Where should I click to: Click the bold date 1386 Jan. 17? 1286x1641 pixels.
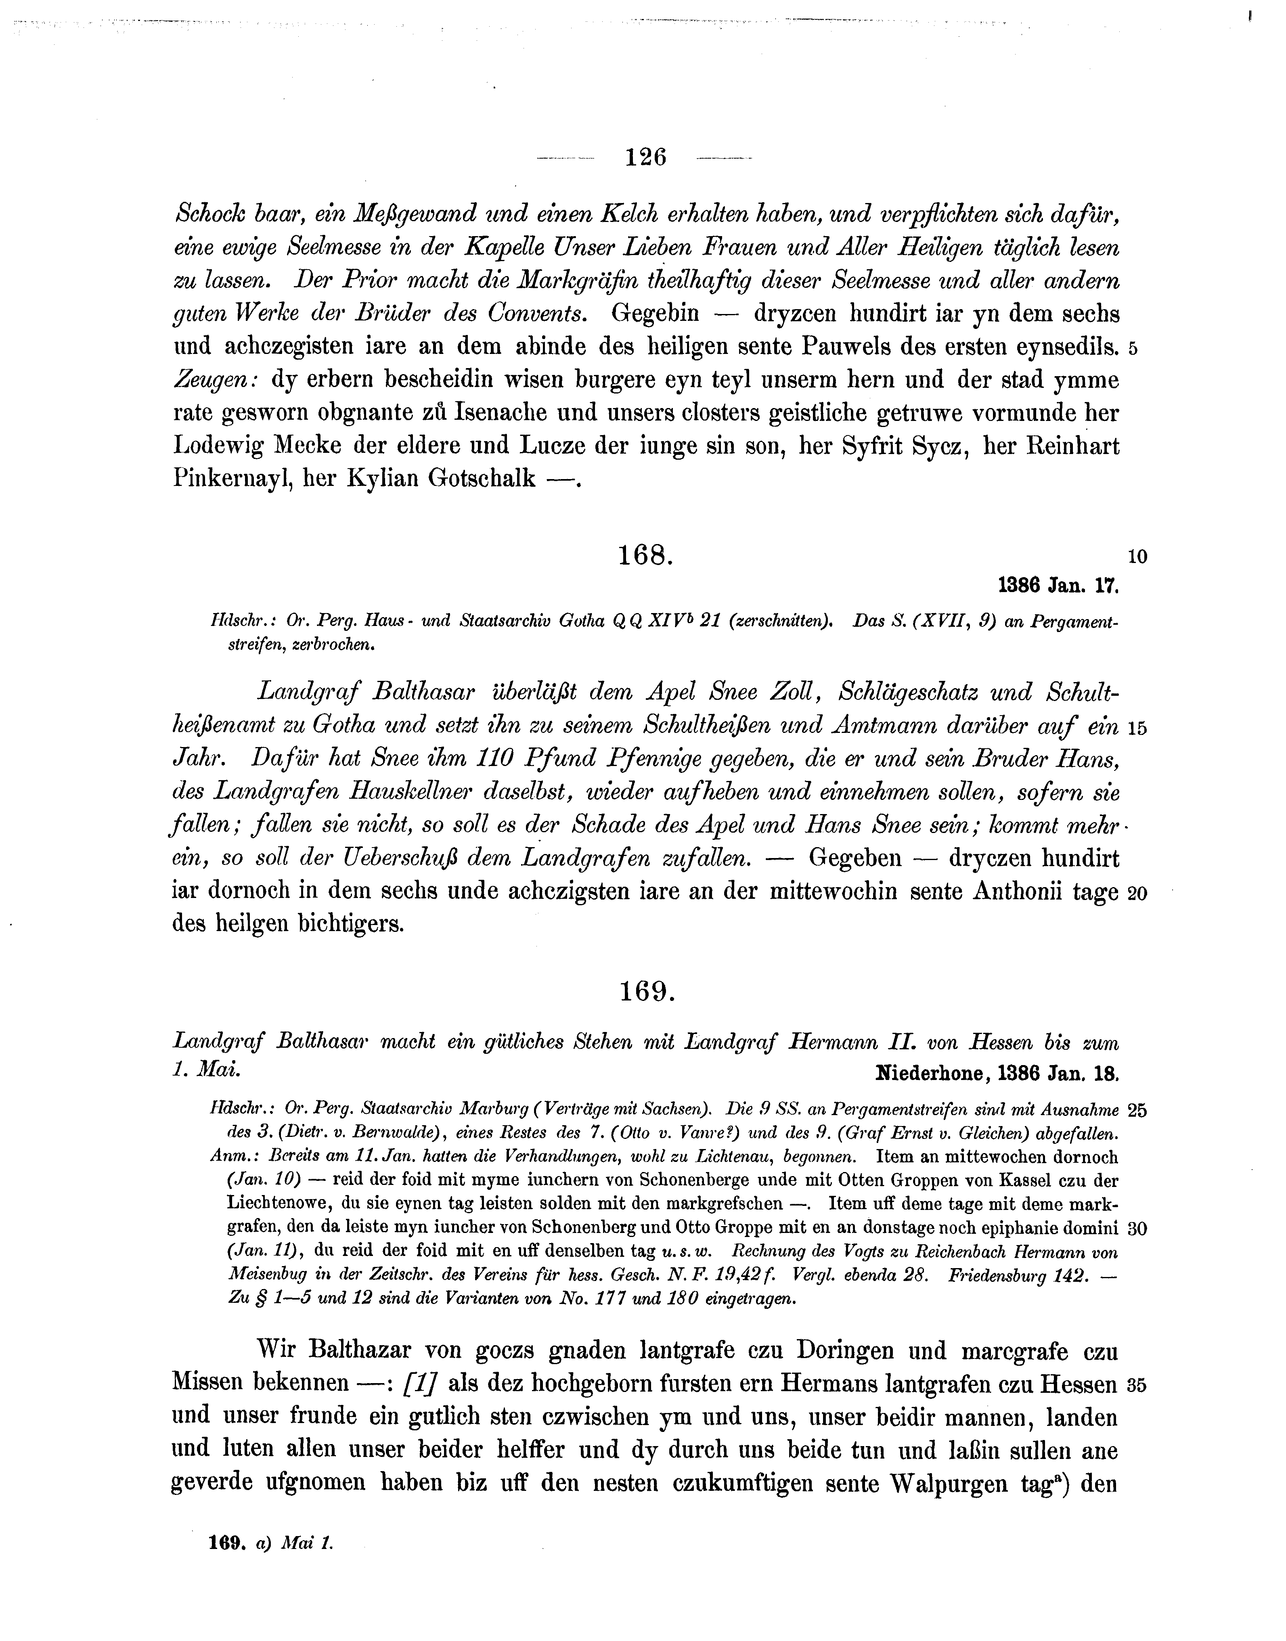tap(1059, 586)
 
